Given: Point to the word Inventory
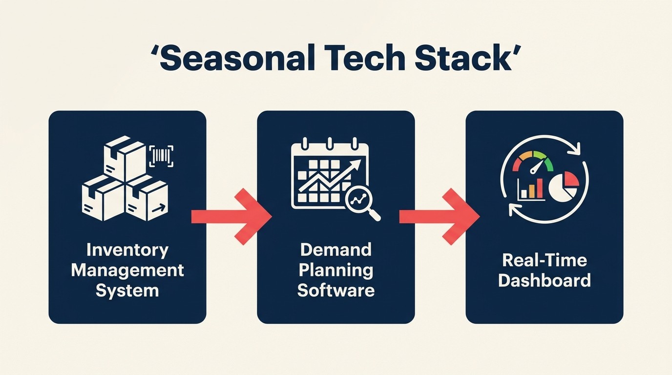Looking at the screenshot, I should click(x=127, y=250).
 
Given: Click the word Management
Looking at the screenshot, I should click(x=127, y=270).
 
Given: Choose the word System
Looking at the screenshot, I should click(x=127, y=291).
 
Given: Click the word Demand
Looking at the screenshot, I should click(x=336, y=250).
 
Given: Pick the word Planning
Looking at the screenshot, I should click(x=336, y=270).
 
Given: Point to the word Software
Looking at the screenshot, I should click(x=336, y=291).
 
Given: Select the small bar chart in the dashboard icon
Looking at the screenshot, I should click(x=531, y=188).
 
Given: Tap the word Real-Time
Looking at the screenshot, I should click(x=544, y=260).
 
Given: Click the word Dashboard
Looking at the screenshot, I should click(x=544, y=281).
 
